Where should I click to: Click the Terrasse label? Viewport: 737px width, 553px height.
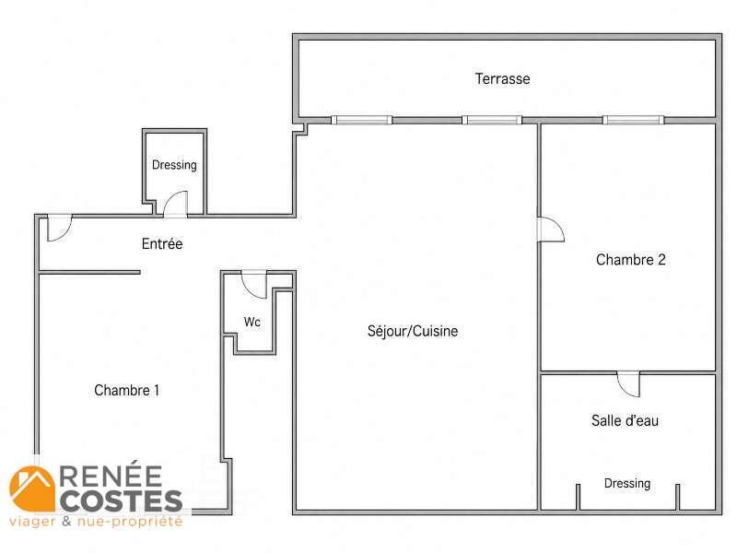(502, 78)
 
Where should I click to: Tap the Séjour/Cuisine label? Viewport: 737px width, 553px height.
(412, 331)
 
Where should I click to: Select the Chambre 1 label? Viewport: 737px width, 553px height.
(126, 390)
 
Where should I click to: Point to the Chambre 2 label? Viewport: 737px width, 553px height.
(631, 260)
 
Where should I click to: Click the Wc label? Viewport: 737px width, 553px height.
(252, 322)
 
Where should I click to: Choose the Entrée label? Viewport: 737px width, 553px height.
(162, 243)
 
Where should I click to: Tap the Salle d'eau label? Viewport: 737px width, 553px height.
(625, 420)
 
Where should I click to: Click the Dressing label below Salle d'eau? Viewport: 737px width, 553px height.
(627, 483)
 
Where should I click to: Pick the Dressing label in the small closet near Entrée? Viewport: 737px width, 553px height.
(174, 165)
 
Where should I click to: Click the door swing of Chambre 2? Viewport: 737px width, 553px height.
(551, 229)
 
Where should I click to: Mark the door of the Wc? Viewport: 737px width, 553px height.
(254, 285)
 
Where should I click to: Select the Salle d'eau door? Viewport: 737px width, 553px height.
(628, 384)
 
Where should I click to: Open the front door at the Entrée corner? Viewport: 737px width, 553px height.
(59, 228)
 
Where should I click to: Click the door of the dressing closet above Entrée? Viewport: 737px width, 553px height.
(175, 204)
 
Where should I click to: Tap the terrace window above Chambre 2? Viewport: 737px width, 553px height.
(633, 120)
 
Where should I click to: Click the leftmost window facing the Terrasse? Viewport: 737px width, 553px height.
(361, 120)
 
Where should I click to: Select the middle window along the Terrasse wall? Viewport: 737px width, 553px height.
(492, 120)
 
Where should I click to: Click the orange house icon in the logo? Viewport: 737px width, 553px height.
(32, 488)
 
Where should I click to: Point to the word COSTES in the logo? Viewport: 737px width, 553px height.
(121, 500)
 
